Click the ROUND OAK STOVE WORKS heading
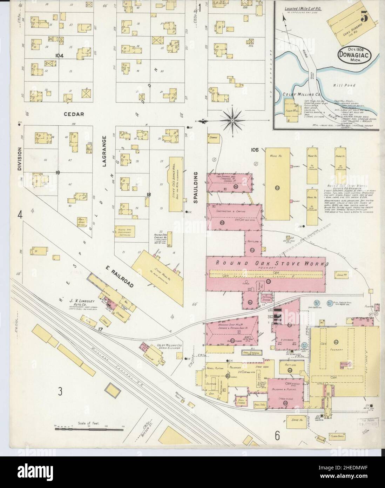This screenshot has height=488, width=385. pyautogui.click(x=272, y=263)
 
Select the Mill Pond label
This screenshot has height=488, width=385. pyautogui.click(x=345, y=85)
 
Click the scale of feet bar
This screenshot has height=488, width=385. pyautogui.click(x=90, y=428)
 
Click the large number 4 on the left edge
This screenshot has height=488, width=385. pyautogui.click(x=20, y=215)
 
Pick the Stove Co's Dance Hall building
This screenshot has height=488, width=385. pyautogui.click(x=176, y=184)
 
